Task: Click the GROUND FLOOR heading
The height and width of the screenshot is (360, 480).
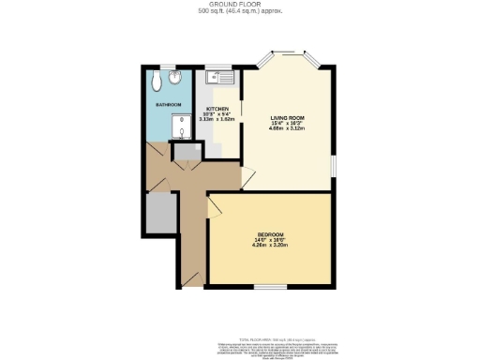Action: pos(240,6)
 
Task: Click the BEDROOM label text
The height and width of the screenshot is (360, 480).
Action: pos(270,233)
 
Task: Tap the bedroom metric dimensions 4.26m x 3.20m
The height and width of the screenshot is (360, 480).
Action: pos(270,247)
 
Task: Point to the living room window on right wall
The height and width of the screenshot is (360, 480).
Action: pos(334,165)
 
